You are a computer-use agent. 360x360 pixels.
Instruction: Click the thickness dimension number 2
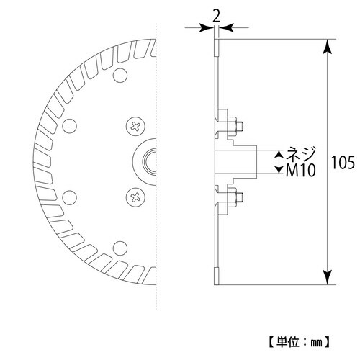217,17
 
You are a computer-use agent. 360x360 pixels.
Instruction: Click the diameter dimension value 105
343,163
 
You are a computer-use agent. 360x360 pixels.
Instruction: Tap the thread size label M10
301,171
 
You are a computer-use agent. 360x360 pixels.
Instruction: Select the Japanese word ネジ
300,154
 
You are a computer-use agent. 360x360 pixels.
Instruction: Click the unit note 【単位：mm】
300,342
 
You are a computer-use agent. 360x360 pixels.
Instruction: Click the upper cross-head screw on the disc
135,126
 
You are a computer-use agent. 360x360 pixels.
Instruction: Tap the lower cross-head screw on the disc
135,197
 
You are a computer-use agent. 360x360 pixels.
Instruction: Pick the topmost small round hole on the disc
120,76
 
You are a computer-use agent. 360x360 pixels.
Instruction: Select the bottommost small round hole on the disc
120,248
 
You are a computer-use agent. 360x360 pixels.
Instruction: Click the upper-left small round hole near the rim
69,126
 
